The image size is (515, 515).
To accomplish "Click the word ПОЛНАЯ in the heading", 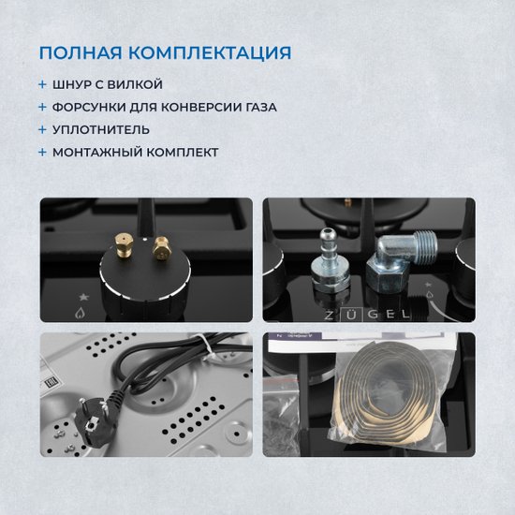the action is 81,52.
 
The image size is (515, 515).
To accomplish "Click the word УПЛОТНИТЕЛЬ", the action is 101,130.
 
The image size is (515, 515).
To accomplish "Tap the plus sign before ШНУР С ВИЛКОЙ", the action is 42,84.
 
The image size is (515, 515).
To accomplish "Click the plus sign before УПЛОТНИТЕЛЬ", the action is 42,130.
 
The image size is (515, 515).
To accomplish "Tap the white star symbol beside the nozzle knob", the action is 83,297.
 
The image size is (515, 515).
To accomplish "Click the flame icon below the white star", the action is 80,313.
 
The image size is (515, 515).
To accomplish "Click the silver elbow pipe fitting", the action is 401,263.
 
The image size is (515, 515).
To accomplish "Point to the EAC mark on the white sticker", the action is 51,382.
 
